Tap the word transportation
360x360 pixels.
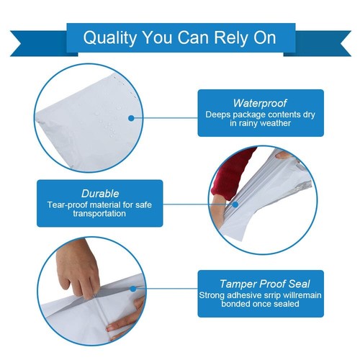pos(100,213)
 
